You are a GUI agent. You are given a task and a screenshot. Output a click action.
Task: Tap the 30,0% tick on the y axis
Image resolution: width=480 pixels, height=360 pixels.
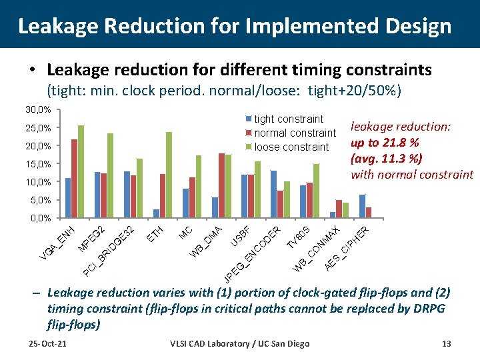coord(38,109)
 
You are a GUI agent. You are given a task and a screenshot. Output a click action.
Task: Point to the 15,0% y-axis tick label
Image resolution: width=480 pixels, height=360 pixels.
coord(38,164)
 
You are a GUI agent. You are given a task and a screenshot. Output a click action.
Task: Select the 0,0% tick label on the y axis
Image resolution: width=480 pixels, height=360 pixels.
coord(40,219)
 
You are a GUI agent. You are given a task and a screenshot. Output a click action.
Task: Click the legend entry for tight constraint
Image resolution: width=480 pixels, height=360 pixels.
coord(289,119)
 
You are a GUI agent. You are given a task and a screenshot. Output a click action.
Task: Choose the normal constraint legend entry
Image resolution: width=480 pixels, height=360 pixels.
coord(295,133)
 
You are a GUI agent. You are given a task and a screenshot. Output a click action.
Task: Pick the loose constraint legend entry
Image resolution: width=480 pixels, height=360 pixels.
coord(291,147)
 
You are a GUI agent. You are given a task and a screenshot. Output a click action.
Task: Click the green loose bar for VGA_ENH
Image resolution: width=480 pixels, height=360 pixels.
coord(81,171)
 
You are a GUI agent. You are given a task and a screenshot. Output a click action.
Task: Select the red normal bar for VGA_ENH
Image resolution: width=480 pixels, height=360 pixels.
coord(74,179)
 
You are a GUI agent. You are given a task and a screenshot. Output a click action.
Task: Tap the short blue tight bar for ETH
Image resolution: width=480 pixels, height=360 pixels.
coord(156,213)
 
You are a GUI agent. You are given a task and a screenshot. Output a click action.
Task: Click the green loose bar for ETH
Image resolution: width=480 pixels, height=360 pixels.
coord(169,175)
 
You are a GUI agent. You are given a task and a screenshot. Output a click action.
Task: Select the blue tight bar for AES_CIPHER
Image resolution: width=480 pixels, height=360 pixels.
coord(362,206)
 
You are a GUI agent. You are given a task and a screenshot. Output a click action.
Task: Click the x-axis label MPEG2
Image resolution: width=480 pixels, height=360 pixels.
coord(91,239)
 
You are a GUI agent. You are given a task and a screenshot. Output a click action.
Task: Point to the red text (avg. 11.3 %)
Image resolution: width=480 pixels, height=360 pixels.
coord(387,159)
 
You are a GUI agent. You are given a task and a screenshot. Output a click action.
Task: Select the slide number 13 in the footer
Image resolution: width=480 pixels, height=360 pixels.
coord(446,343)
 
